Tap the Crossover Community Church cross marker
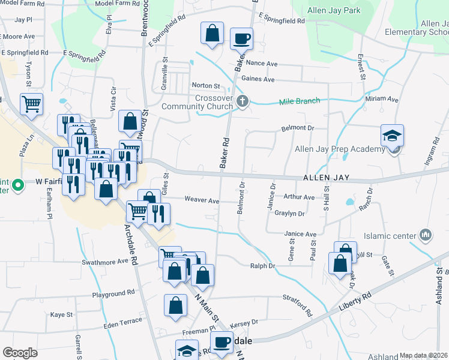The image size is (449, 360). [242, 101]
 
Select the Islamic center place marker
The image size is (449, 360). [426, 233]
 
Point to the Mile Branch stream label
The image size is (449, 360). [300, 101]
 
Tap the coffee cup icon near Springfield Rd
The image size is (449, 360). [241, 39]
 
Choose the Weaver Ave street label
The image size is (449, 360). [202, 200]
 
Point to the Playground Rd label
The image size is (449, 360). [113, 294]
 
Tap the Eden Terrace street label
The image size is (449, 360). [122, 322]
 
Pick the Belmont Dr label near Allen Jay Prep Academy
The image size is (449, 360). [298, 128]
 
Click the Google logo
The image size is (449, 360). [20, 353]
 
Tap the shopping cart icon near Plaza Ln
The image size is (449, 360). [32, 103]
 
